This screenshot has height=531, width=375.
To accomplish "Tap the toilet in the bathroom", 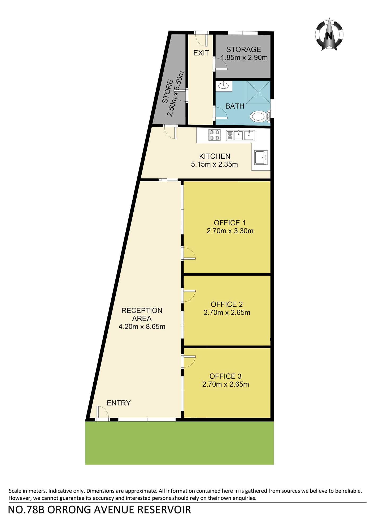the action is click(x=260, y=116).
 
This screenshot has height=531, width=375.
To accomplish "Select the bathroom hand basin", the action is click(x=224, y=85).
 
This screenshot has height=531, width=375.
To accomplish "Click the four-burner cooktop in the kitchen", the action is click(x=214, y=135).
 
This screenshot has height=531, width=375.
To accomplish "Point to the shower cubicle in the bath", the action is click(x=258, y=92).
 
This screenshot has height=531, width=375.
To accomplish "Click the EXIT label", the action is click(x=201, y=53).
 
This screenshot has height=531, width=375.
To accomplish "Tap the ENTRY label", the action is click(x=119, y=403).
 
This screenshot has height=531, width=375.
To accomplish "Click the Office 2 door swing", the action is click(x=189, y=296).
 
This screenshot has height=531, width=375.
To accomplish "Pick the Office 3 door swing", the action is click(x=189, y=361).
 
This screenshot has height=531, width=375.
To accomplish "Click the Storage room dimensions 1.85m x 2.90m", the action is click(x=244, y=58).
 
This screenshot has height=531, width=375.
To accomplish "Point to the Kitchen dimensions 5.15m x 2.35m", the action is click(x=214, y=164).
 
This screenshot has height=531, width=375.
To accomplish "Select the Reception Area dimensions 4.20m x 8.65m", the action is click(x=142, y=327).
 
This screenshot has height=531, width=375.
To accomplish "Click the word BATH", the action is click(x=235, y=106).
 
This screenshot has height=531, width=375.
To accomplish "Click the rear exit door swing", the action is click(x=202, y=39).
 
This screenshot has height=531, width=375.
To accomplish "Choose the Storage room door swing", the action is click(x=221, y=64).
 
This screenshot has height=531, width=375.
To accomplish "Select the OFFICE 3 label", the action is click(x=225, y=376).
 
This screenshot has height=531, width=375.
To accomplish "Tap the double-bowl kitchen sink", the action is click(x=241, y=135).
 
